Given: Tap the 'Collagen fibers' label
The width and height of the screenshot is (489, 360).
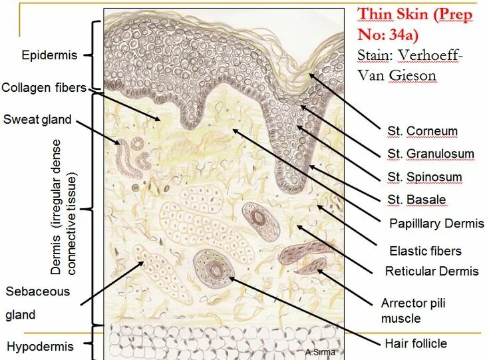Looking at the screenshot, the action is click(x=44, y=88).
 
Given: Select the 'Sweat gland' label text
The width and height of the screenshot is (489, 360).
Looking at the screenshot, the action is click(x=37, y=120).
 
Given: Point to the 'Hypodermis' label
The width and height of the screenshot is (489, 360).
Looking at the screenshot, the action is click(x=40, y=346).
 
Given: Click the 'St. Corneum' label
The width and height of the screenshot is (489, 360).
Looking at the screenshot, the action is click(x=422, y=131).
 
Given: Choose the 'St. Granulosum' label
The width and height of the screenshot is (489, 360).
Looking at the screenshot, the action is click(x=430, y=154).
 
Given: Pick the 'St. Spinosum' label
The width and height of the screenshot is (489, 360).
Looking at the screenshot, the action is click(x=424, y=177).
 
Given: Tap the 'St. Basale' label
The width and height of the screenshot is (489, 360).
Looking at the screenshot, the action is click(x=416, y=200).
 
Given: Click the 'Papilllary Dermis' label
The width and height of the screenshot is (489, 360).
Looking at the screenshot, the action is click(x=436, y=224).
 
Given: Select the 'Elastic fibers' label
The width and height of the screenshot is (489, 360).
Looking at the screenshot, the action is click(x=425, y=251).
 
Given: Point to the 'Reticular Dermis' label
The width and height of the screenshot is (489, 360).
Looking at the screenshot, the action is click(x=432, y=271).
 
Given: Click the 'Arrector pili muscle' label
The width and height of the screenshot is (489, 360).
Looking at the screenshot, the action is click(x=412, y=310).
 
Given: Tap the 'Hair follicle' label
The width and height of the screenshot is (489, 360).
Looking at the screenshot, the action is click(x=416, y=343).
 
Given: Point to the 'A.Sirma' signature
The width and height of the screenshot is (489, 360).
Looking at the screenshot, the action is click(x=321, y=352).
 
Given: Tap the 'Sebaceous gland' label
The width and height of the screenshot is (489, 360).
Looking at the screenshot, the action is click(x=37, y=303).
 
